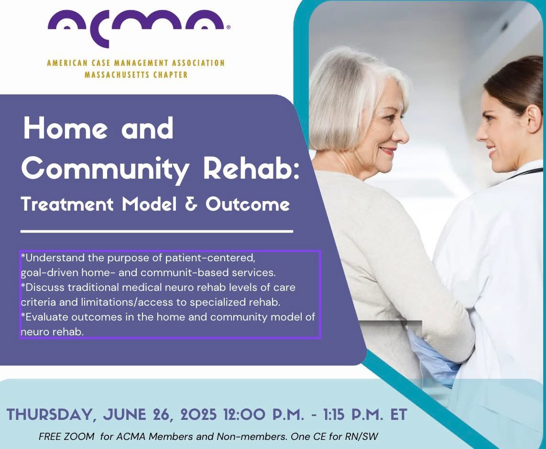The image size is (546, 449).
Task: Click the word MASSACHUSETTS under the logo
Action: tap(117, 75)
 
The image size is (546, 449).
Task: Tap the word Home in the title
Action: tap(59, 129)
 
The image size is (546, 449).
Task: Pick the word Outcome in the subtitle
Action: tap(248, 204)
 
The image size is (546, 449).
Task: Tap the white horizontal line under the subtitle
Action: tap(157, 231)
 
